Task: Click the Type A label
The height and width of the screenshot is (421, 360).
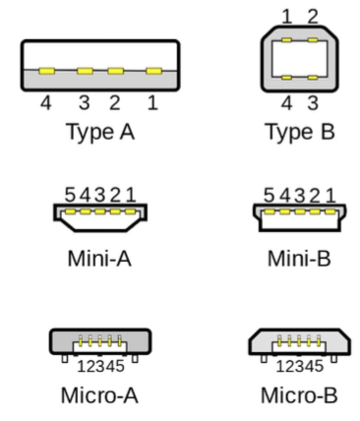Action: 100,132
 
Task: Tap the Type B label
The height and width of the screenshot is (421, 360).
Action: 301,132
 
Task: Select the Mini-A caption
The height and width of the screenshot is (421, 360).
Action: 99,259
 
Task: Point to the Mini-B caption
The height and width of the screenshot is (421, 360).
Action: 299,259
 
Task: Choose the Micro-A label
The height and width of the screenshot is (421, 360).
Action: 99,395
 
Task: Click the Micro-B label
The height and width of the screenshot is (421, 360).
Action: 299,395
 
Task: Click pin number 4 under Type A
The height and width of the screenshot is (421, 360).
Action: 46,103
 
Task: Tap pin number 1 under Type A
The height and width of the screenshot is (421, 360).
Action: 152,103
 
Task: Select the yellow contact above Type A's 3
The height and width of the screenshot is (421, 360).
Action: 85,71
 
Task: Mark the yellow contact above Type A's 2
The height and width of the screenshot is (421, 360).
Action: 116,71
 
